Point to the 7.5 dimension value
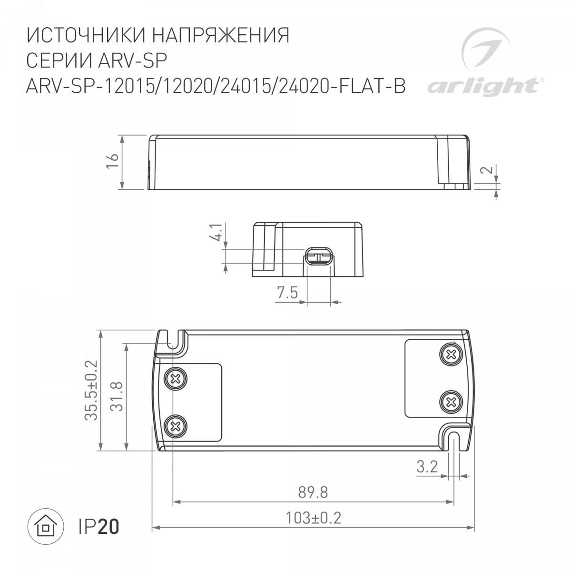(x=287, y=293)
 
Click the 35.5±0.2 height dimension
(x=91, y=390)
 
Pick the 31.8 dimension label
(x=116, y=396)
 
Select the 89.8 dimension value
(x=313, y=492)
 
